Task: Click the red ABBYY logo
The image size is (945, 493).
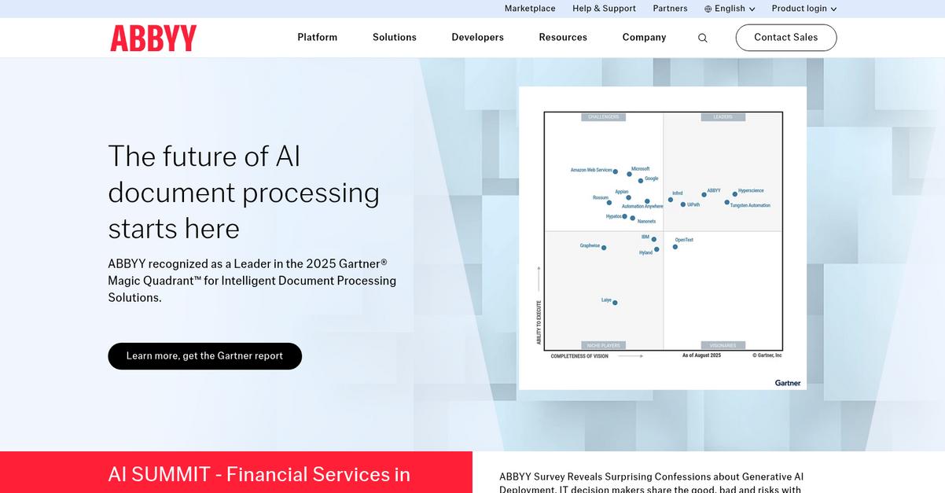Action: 153,38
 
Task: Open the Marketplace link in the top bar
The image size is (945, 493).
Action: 530,9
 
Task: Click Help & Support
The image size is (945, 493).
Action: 604,9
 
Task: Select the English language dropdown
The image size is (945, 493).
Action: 730,9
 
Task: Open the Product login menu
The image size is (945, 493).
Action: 803,9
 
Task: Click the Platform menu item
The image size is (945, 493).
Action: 318,38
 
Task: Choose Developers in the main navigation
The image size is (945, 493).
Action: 477,38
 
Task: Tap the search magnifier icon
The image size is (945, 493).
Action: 703,38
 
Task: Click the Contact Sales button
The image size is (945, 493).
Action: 785,38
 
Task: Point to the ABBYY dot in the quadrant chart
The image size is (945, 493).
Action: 704,195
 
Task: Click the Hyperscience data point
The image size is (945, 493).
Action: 735,193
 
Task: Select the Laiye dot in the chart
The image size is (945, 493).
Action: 615,303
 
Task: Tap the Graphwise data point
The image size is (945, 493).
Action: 604,248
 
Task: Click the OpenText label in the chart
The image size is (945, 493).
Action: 684,240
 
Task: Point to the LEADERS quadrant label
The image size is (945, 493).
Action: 723,117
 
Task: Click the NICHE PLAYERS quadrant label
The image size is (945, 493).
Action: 603,345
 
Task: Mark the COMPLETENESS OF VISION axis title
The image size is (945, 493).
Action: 579,356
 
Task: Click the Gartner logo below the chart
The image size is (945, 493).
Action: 788,383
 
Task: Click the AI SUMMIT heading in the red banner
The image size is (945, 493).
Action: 259,474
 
